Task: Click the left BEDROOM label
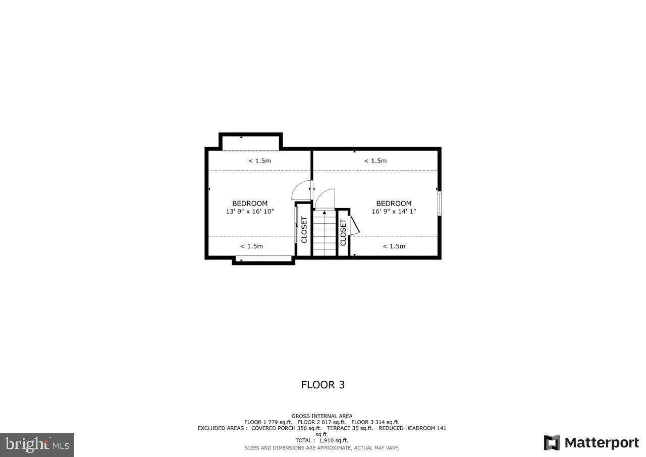tap(250, 204)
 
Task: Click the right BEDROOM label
tap(394, 204)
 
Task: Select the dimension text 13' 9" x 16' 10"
tap(250, 212)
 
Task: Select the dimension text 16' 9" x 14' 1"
tap(394, 212)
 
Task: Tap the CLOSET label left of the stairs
tap(304, 230)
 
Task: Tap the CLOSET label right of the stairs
tap(343, 232)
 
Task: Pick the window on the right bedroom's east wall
tap(440, 203)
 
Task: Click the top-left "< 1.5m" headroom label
tap(259, 161)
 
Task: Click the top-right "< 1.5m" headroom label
tap(375, 161)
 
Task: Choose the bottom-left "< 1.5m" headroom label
tap(251, 246)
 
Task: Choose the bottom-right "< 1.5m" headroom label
tap(394, 246)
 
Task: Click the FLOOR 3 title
tap(323, 385)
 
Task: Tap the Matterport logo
tap(591, 443)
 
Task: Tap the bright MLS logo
tap(37, 444)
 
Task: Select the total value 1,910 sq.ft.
tap(333, 440)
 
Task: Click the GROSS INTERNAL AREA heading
tap(322, 416)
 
